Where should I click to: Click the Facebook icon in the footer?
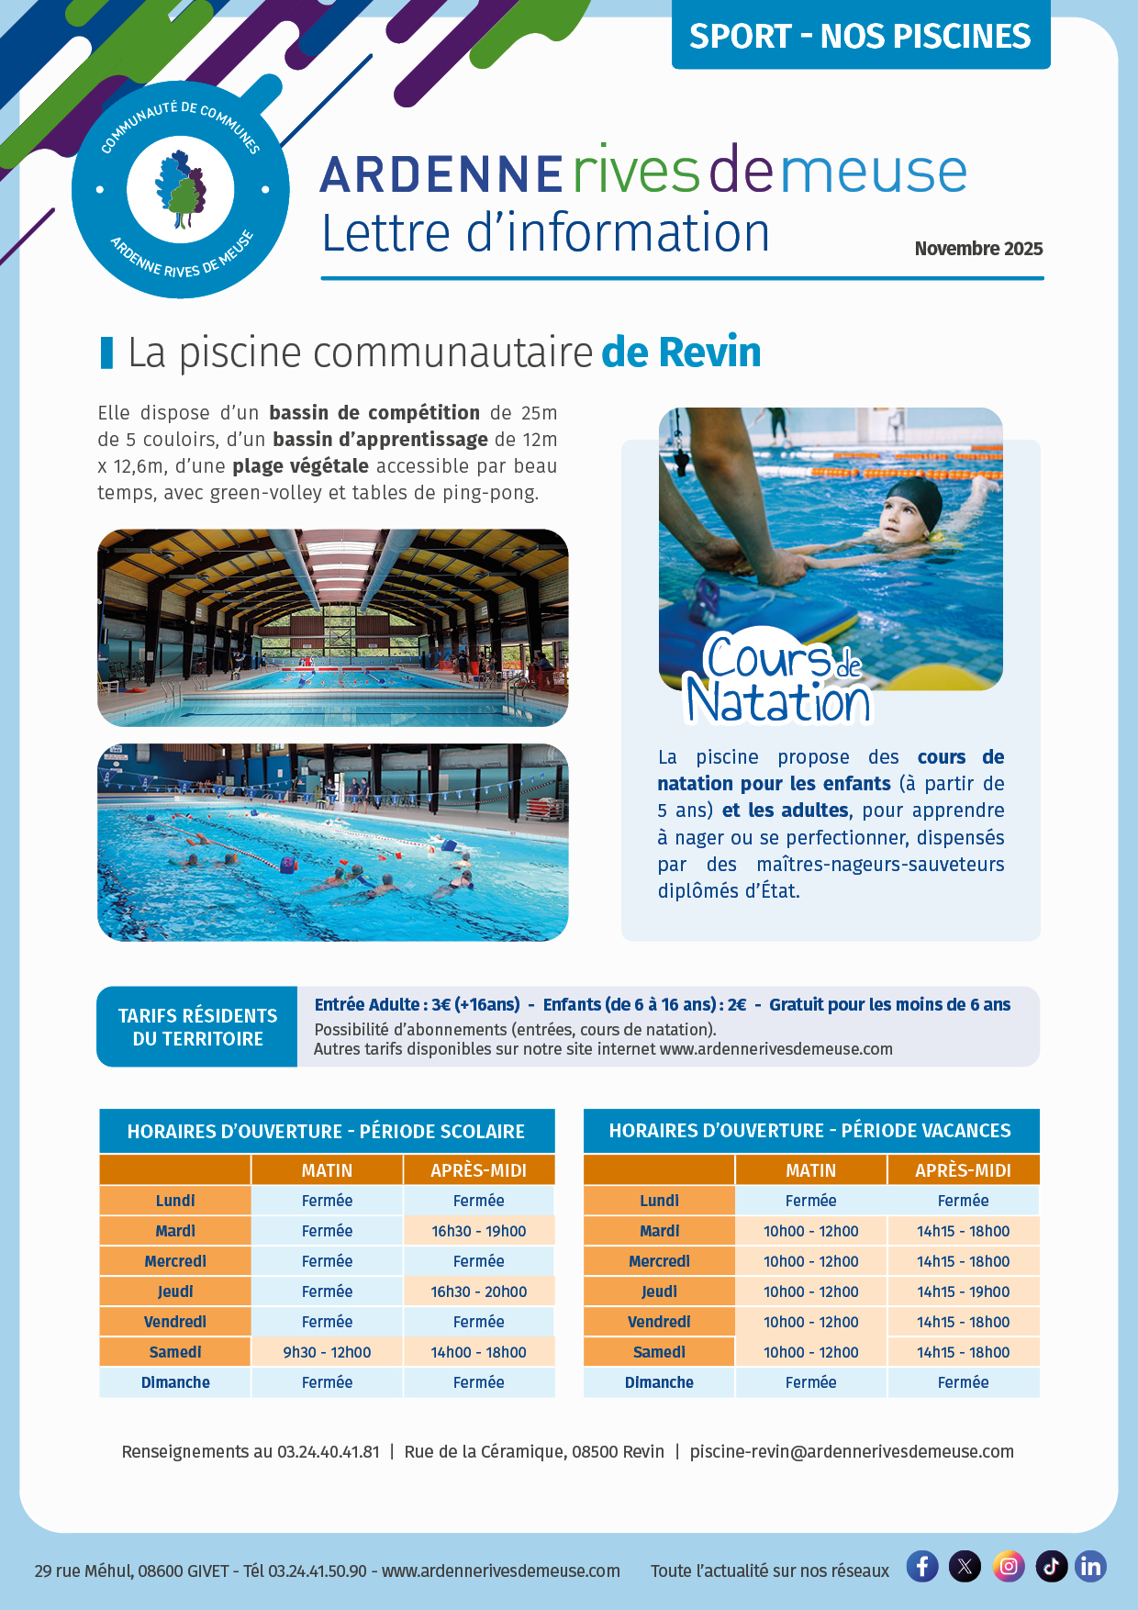tap(922, 1566)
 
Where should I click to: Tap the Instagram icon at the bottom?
tap(1008, 1566)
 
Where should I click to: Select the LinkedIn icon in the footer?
tap(1090, 1566)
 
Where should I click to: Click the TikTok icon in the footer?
tap(1051, 1566)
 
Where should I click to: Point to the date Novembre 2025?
tap(978, 249)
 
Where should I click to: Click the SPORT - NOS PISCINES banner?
tap(860, 36)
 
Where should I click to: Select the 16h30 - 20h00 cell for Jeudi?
tap(478, 1291)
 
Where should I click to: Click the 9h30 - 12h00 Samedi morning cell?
tap(327, 1352)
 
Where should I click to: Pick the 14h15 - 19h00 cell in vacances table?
tap(963, 1291)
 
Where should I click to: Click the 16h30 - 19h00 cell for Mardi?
tap(478, 1231)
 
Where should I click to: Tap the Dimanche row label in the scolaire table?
tap(175, 1382)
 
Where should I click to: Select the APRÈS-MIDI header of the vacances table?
tap(963, 1170)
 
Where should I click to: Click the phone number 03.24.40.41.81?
tap(328, 1451)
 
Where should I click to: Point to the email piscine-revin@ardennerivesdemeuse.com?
tap(852, 1451)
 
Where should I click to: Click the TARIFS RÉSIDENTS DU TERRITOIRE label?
tap(197, 1027)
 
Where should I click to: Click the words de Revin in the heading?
tap(681, 352)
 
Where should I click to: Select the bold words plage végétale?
tap(300, 466)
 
